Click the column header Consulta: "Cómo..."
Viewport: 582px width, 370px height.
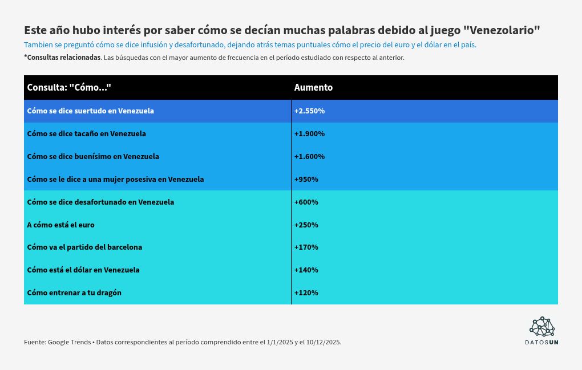68,88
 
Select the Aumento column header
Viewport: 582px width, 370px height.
313,88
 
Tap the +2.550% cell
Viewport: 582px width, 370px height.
309,111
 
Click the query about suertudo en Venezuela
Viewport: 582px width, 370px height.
90,111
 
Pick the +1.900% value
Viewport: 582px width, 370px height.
309,134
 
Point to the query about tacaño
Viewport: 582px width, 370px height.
86,134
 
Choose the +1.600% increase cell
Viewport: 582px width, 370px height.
309,157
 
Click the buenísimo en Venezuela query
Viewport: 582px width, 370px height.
93,157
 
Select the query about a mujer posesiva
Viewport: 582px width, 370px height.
115,180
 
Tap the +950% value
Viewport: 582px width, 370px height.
306,180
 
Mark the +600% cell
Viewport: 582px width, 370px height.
306,202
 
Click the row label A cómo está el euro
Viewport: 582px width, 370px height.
60,225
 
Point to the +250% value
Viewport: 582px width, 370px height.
306,225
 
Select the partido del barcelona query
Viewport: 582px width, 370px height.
84,247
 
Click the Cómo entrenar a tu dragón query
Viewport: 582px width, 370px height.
74,293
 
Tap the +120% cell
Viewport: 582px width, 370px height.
306,293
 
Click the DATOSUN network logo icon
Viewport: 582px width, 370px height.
542,327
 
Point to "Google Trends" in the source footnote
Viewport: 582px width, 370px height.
70,343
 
